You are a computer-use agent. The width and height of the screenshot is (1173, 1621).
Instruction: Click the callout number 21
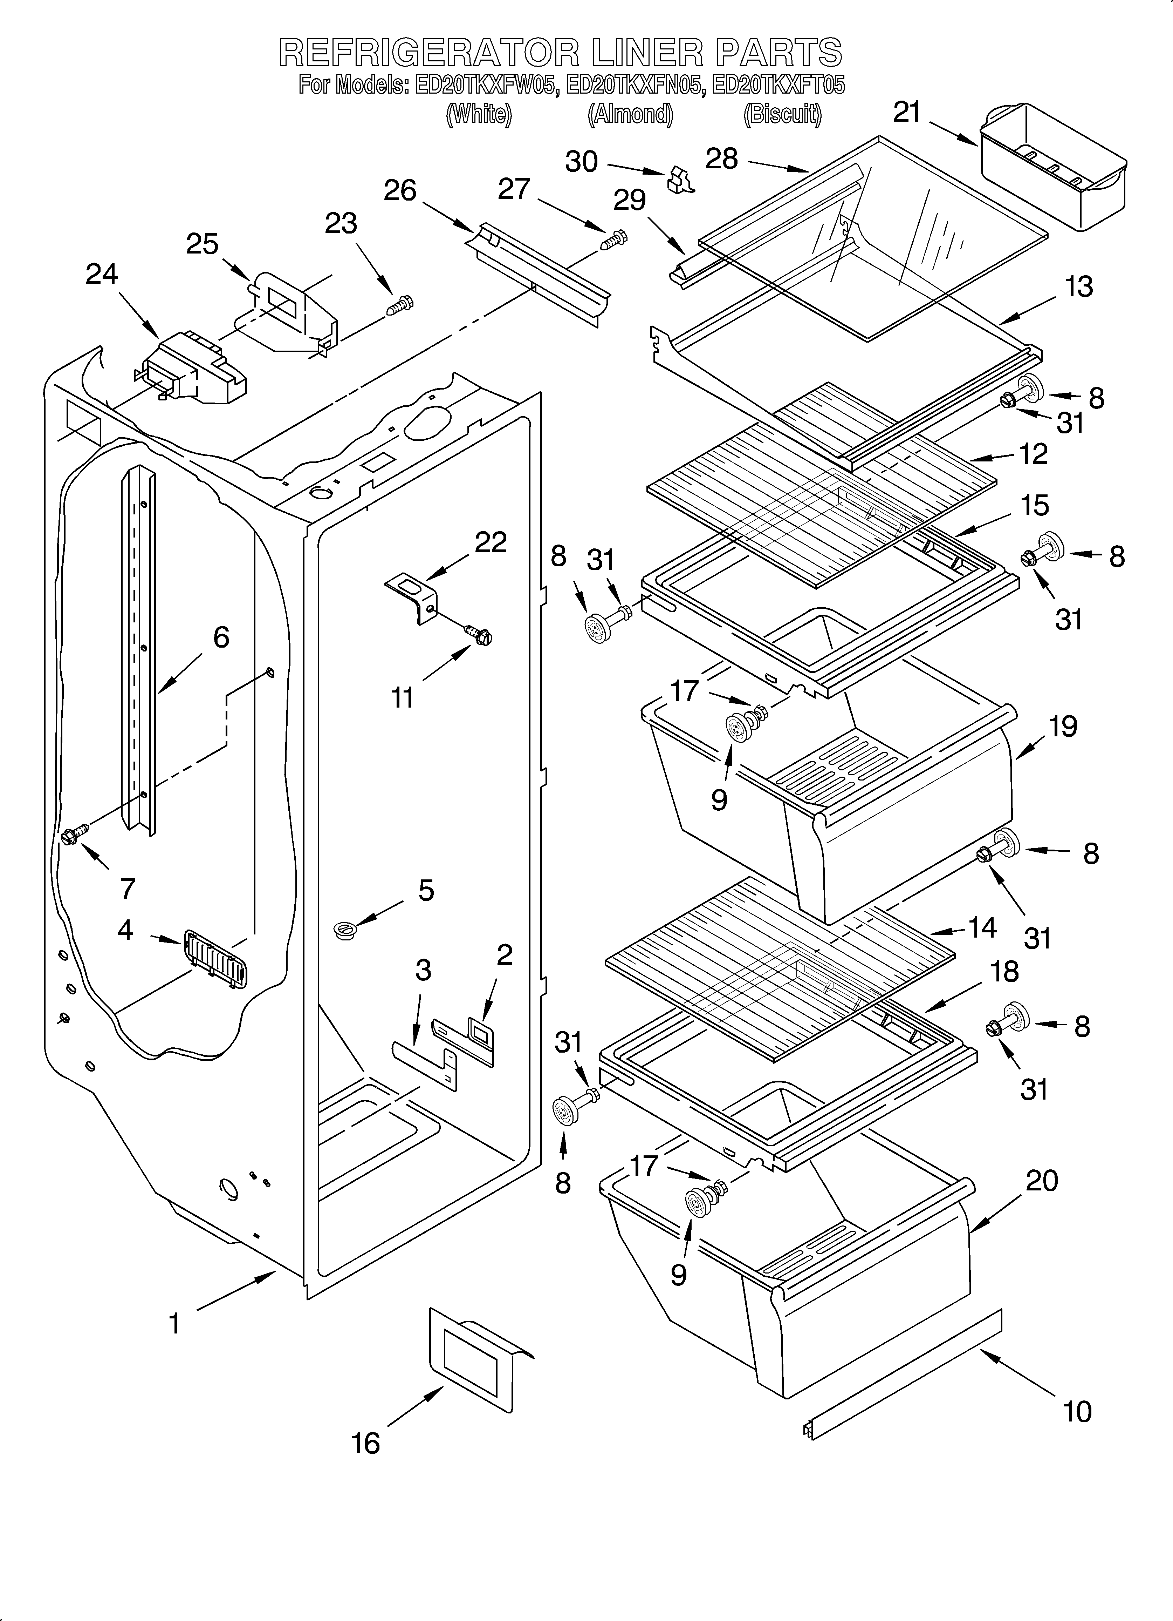pos(907,112)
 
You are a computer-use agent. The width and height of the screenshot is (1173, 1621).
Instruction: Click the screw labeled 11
pos(478,632)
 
